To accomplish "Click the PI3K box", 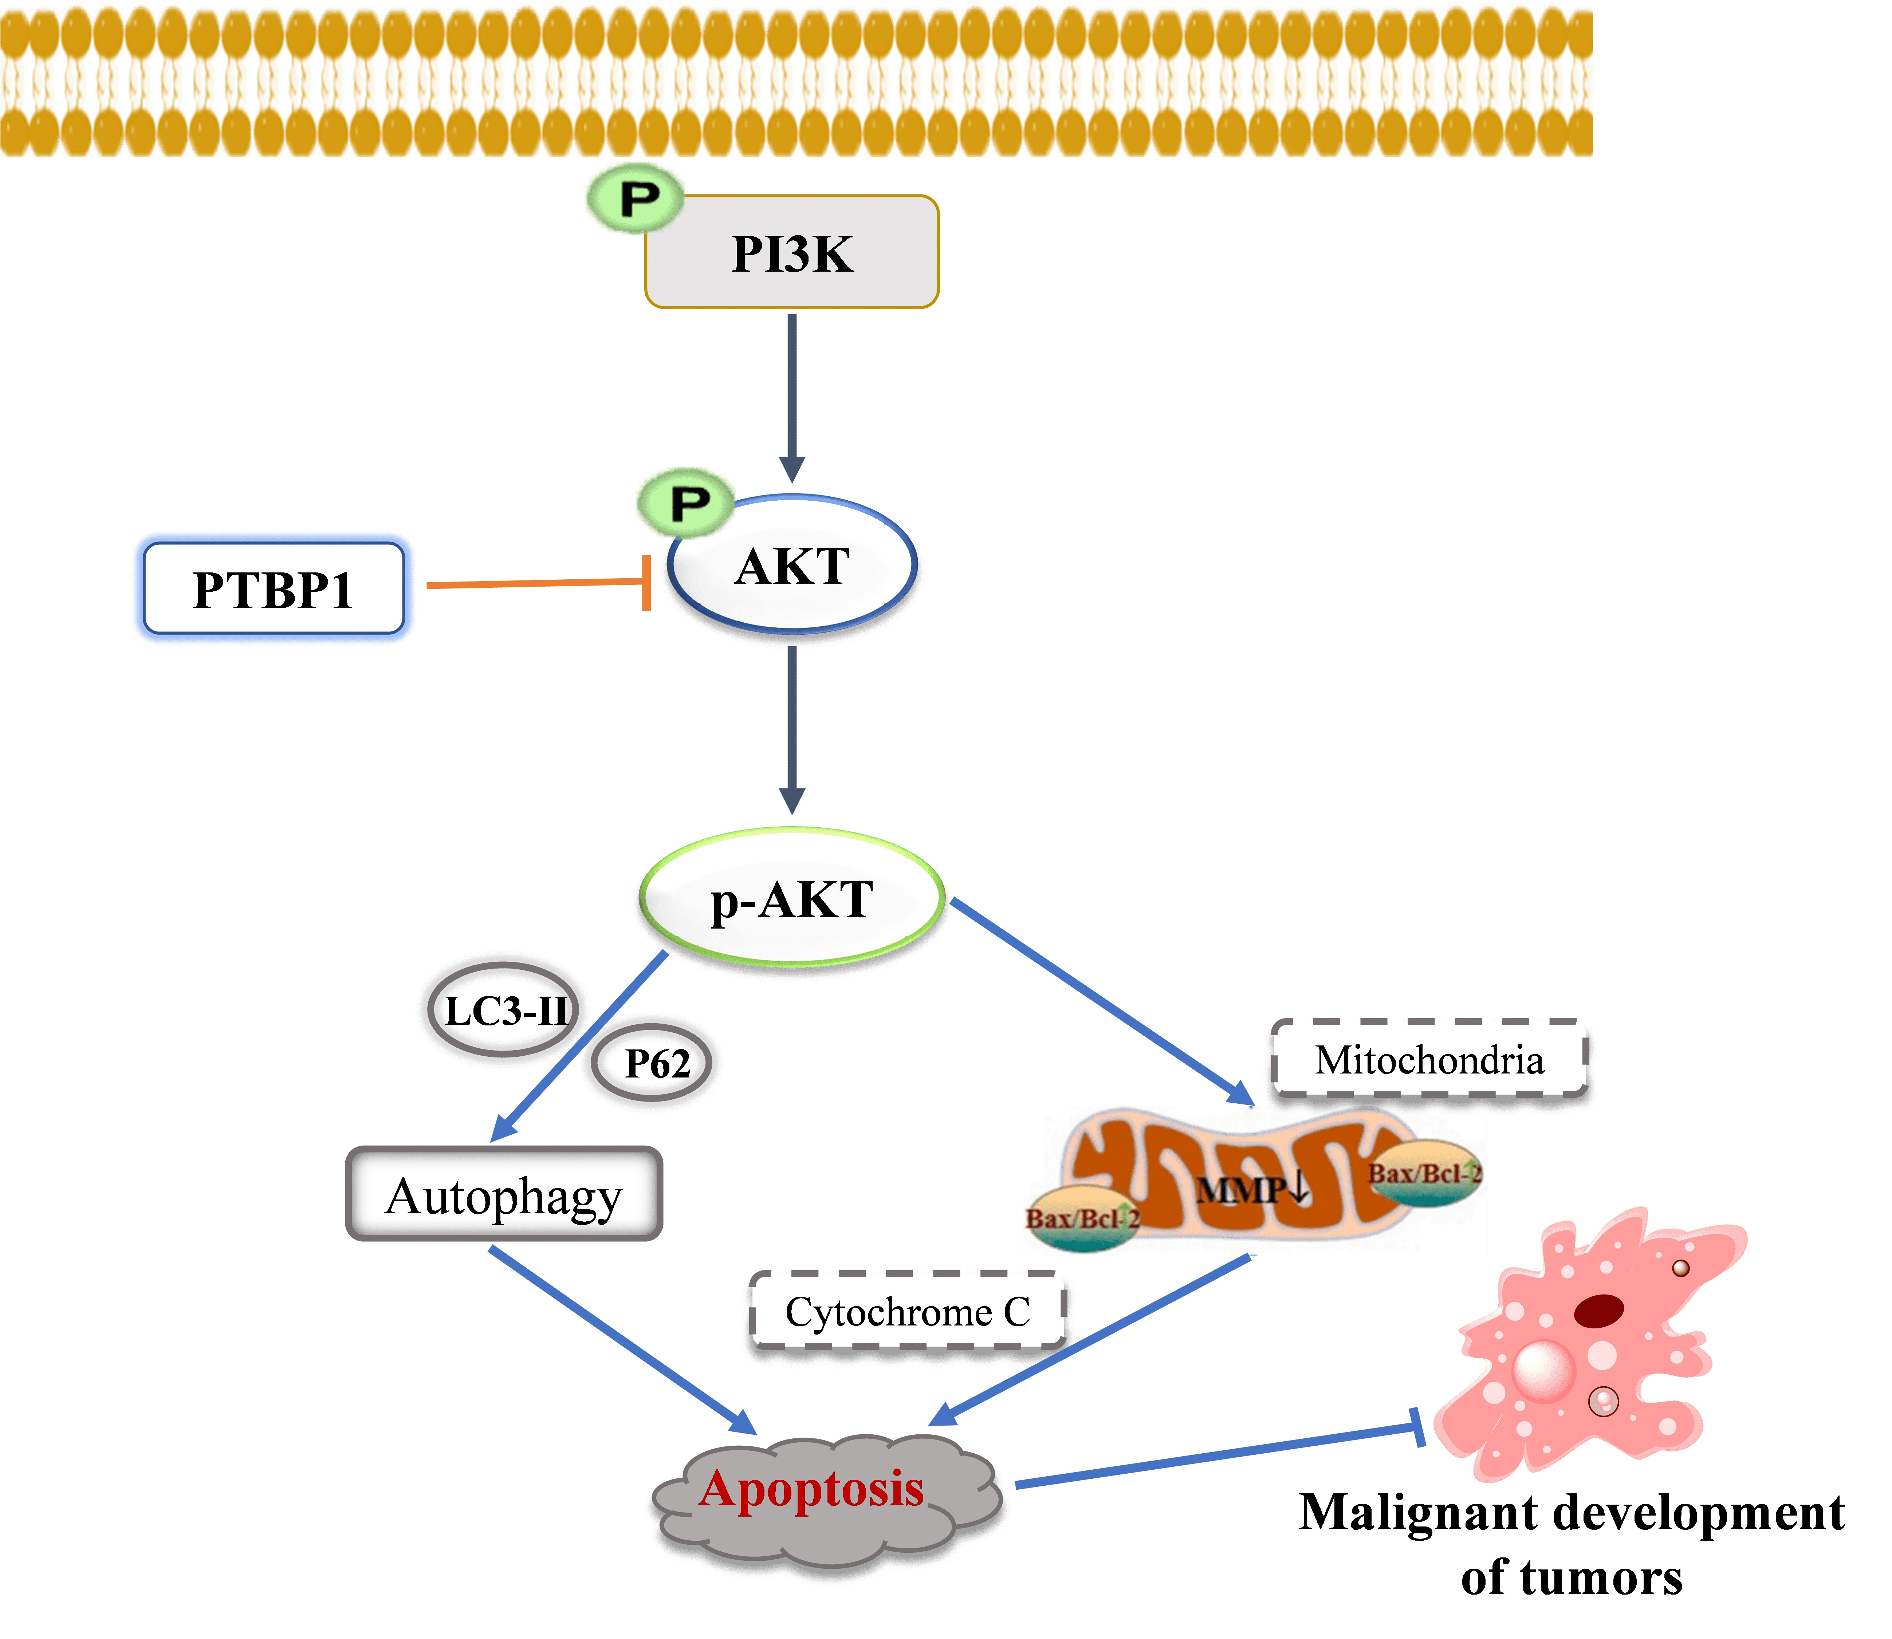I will [x=792, y=252].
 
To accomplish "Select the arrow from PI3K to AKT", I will [x=792, y=393].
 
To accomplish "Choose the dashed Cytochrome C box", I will [x=908, y=1312].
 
